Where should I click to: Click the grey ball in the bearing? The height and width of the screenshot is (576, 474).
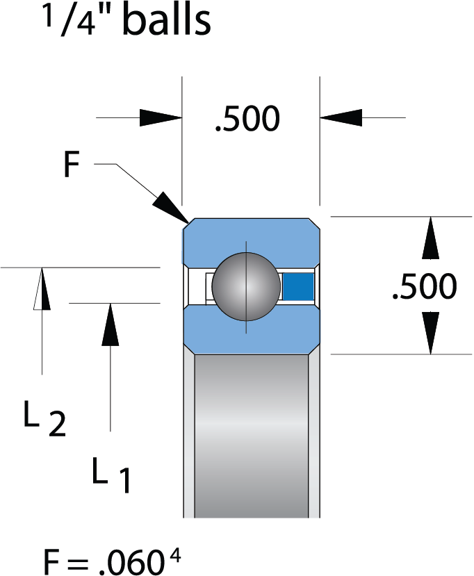[245, 285]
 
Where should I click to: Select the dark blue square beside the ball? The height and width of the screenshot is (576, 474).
[299, 286]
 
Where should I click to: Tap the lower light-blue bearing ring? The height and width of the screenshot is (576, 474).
[251, 331]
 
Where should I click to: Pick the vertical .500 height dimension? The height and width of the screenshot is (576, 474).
[424, 286]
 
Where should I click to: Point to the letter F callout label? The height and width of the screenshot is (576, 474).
[71, 166]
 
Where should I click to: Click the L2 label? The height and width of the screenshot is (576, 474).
[44, 418]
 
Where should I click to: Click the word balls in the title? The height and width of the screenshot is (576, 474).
[166, 21]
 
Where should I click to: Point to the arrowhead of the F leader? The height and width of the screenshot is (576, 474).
[171, 206]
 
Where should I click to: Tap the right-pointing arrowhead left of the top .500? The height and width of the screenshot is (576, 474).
[161, 117]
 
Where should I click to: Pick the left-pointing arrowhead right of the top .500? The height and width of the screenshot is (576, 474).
[341, 117]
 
